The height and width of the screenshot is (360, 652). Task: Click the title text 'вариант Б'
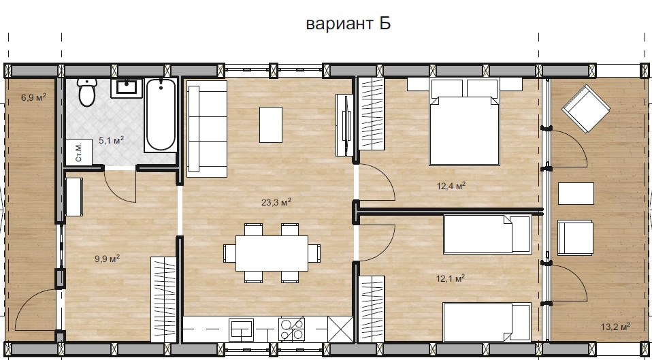point(348,24)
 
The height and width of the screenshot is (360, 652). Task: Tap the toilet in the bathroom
point(87,92)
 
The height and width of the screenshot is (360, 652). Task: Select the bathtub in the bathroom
point(161,115)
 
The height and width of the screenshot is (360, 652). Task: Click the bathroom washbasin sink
point(127,88)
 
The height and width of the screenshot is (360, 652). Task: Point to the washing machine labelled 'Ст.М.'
point(79,152)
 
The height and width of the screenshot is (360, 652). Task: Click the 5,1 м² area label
point(111,140)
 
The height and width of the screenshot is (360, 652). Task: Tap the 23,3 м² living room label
point(276,202)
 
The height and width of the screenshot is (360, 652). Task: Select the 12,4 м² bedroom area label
point(451,185)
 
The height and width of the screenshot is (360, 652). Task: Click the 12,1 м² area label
point(450,278)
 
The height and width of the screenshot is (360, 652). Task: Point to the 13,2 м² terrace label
point(615,327)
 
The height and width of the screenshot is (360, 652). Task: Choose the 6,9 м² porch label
point(33,98)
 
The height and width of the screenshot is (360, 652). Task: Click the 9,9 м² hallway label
point(108,259)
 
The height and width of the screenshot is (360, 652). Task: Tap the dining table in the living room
point(272,253)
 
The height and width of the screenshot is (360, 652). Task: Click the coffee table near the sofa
point(271,125)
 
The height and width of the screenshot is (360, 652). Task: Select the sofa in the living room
point(207,129)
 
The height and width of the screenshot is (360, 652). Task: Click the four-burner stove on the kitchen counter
point(292,329)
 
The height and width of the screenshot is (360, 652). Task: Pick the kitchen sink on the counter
point(241,329)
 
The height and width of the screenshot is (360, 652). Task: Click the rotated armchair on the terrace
point(585,108)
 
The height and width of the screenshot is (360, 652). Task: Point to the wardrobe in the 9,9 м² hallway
point(163,299)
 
